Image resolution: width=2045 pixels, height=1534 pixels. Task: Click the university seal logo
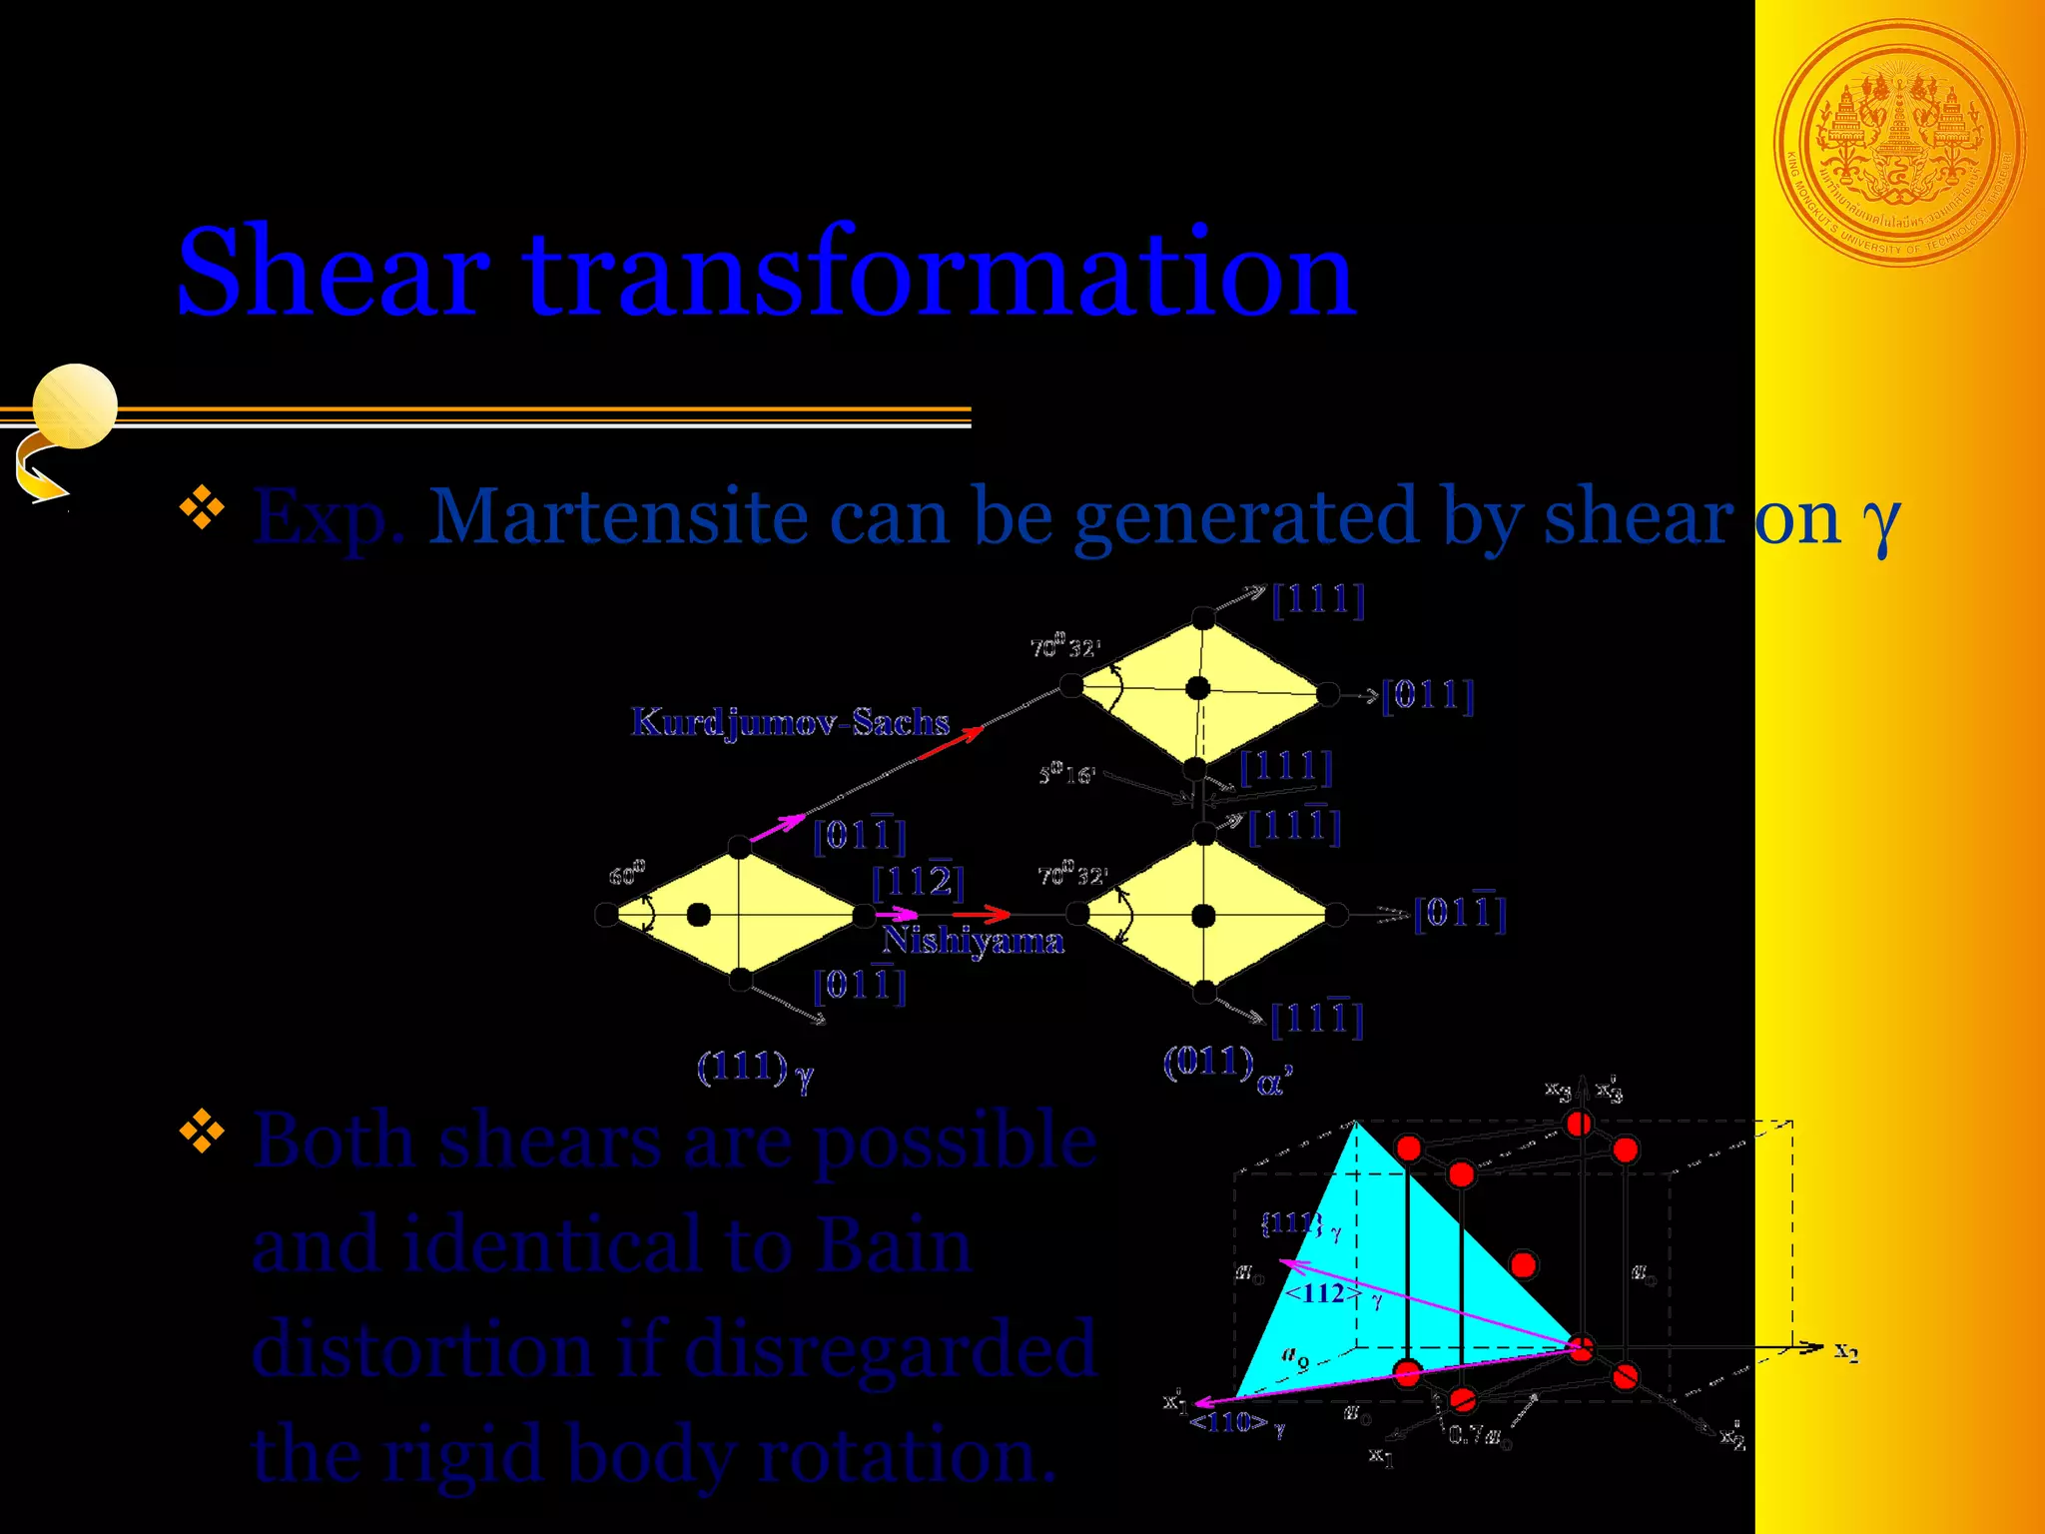(1898, 144)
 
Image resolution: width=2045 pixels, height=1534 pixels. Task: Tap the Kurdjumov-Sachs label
(790, 721)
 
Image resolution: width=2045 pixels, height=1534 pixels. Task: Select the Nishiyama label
(973, 941)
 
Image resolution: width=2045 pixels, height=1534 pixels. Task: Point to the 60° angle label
(627, 874)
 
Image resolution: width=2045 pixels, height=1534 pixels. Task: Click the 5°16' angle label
(1066, 774)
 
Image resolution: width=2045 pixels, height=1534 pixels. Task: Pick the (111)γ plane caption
(755, 1070)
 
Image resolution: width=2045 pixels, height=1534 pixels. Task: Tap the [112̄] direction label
(918, 880)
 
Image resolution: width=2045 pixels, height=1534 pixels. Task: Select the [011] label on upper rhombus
(1427, 695)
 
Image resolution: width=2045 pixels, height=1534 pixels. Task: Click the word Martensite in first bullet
(617, 517)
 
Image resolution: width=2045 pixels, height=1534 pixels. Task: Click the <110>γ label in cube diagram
(1236, 1423)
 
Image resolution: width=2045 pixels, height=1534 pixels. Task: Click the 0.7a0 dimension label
(1478, 1436)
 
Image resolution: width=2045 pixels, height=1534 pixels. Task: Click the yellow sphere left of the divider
(75, 405)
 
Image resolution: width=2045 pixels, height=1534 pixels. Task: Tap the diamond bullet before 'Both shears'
(202, 1132)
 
